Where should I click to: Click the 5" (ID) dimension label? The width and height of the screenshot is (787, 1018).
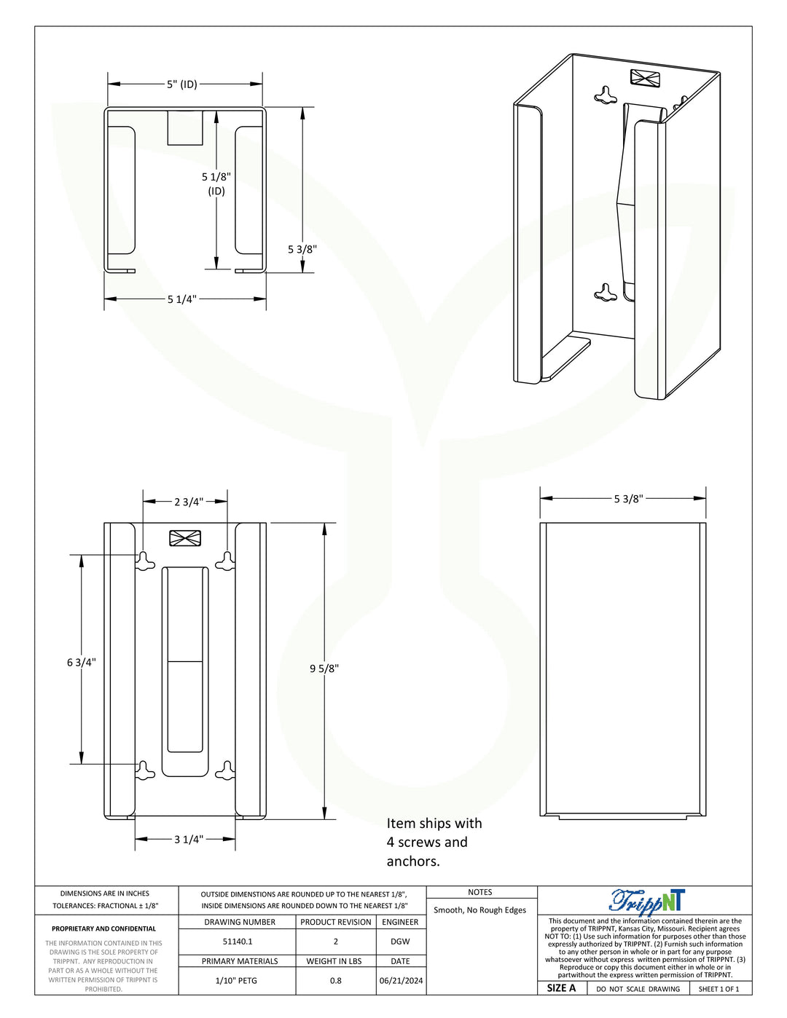point(182,84)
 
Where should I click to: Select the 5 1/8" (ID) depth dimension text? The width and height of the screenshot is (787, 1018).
point(216,184)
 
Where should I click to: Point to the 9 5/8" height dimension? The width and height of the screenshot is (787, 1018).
point(324,668)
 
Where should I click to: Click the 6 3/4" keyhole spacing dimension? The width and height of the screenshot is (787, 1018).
point(82,662)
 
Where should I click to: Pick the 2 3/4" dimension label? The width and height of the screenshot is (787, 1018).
point(189,502)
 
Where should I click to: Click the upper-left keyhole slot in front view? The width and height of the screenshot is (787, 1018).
point(145,561)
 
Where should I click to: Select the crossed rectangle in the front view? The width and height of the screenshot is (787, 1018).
point(185,538)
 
